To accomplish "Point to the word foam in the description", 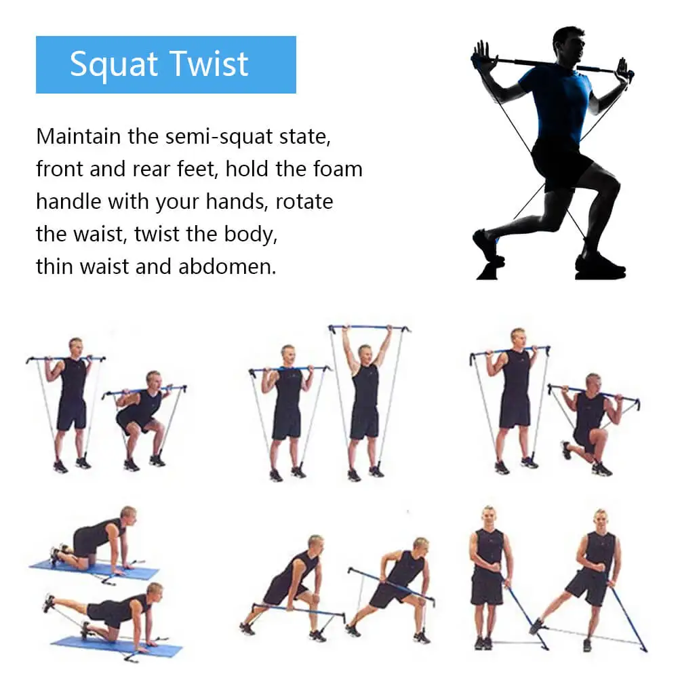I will point(338,169).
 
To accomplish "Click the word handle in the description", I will point(64,201).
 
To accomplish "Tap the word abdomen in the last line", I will point(227,266).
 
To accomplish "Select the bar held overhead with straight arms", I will point(370,329).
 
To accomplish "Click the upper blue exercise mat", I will point(95,567).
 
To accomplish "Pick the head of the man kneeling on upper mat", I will point(127,515).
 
